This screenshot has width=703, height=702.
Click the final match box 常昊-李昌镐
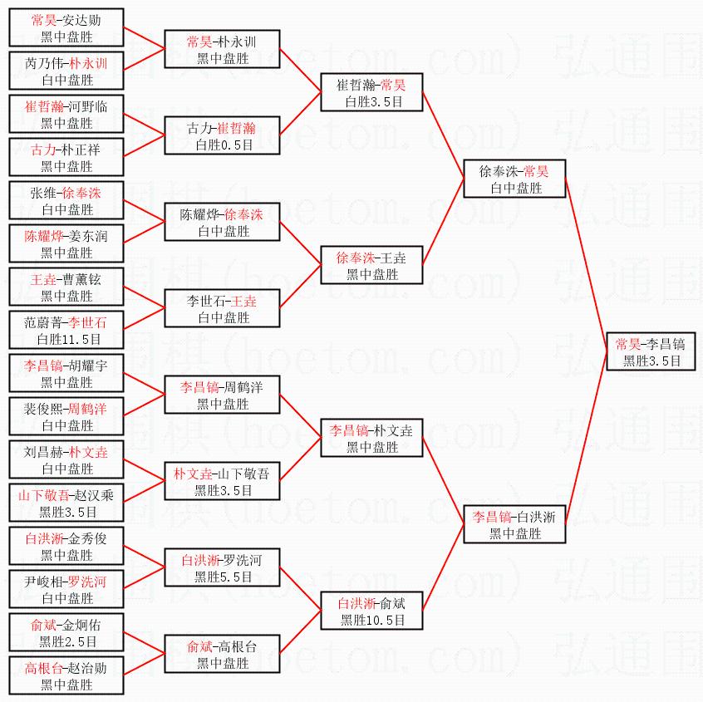(x=651, y=351)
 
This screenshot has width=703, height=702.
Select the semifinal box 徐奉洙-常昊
(x=514, y=179)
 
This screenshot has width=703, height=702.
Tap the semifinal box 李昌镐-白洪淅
(x=514, y=524)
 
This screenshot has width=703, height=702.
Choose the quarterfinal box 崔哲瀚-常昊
(x=371, y=92)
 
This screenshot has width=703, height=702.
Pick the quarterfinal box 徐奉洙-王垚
(x=371, y=265)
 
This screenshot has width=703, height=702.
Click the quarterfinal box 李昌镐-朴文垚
(x=371, y=438)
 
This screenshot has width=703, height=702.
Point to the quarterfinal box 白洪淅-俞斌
(x=371, y=611)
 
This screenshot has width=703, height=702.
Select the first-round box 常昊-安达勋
(x=66, y=27)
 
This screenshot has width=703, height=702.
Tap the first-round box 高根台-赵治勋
(x=66, y=675)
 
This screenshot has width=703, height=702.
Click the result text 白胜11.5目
(x=69, y=339)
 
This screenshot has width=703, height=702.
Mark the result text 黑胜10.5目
(x=372, y=621)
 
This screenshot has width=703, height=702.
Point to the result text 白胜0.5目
(x=224, y=145)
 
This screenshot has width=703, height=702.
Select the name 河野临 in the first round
(x=88, y=106)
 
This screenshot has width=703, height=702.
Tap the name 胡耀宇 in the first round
(x=88, y=366)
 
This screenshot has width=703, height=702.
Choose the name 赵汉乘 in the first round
(x=94, y=495)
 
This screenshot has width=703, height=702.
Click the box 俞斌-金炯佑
(x=66, y=632)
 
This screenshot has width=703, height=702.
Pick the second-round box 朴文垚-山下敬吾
(x=223, y=481)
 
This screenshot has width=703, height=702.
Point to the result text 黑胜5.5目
(x=223, y=577)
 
